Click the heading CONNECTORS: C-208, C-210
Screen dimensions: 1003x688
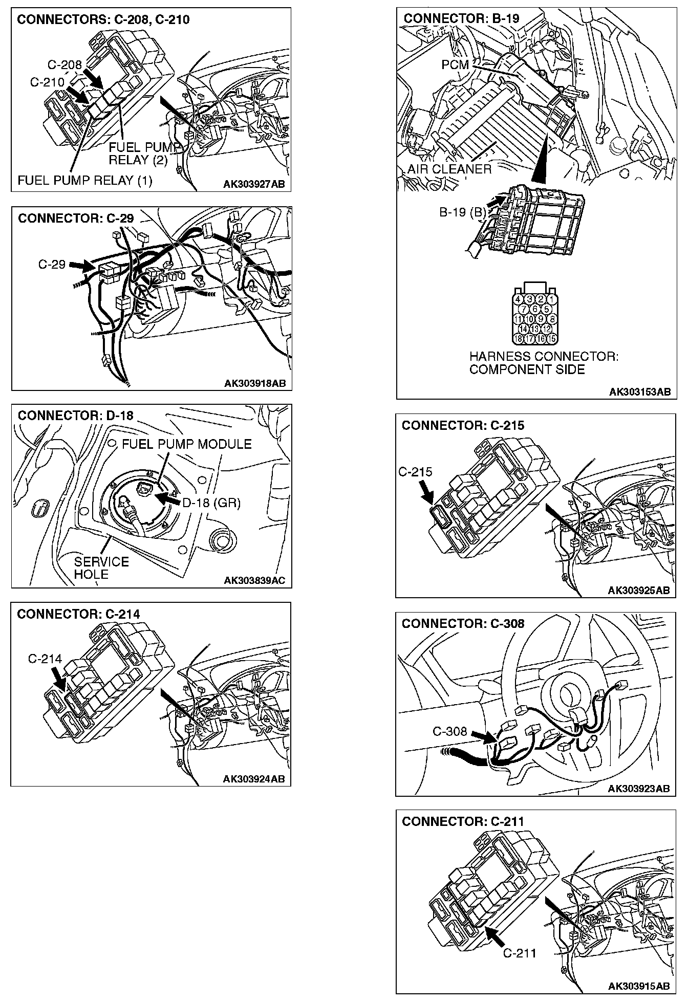pyautogui.click(x=103, y=20)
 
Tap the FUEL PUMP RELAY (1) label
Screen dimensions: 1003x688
pyautogui.click(x=84, y=181)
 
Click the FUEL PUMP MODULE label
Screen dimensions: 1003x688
pyautogui.click(x=186, y=444)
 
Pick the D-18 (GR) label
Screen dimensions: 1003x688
pyautogui.click(x=211, y=503)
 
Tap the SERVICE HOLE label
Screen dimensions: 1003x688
pyautogui.click(x=101, y=568)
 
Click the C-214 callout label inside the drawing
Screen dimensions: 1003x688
pyautogui.click(x=45, y=659)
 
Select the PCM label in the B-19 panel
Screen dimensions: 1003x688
pyautogui.click(x=455, y=65)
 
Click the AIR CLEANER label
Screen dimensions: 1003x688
pyautogui.click(x=449, y=169)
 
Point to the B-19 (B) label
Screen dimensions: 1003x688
pyautogui.click(x=462, y=212)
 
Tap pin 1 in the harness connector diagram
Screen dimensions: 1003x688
pyautogui.click(x=551, y=299)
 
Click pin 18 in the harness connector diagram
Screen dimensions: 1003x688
pyautogui.click(x=518, y=338)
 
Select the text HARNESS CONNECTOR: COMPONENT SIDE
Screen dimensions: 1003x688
pyautogui.click(x=543, y=363)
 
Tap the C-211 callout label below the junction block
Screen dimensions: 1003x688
pyautogui.click(x=520, y=953)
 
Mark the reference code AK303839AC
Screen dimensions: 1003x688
pyautogui.click(x=254, y=580)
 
